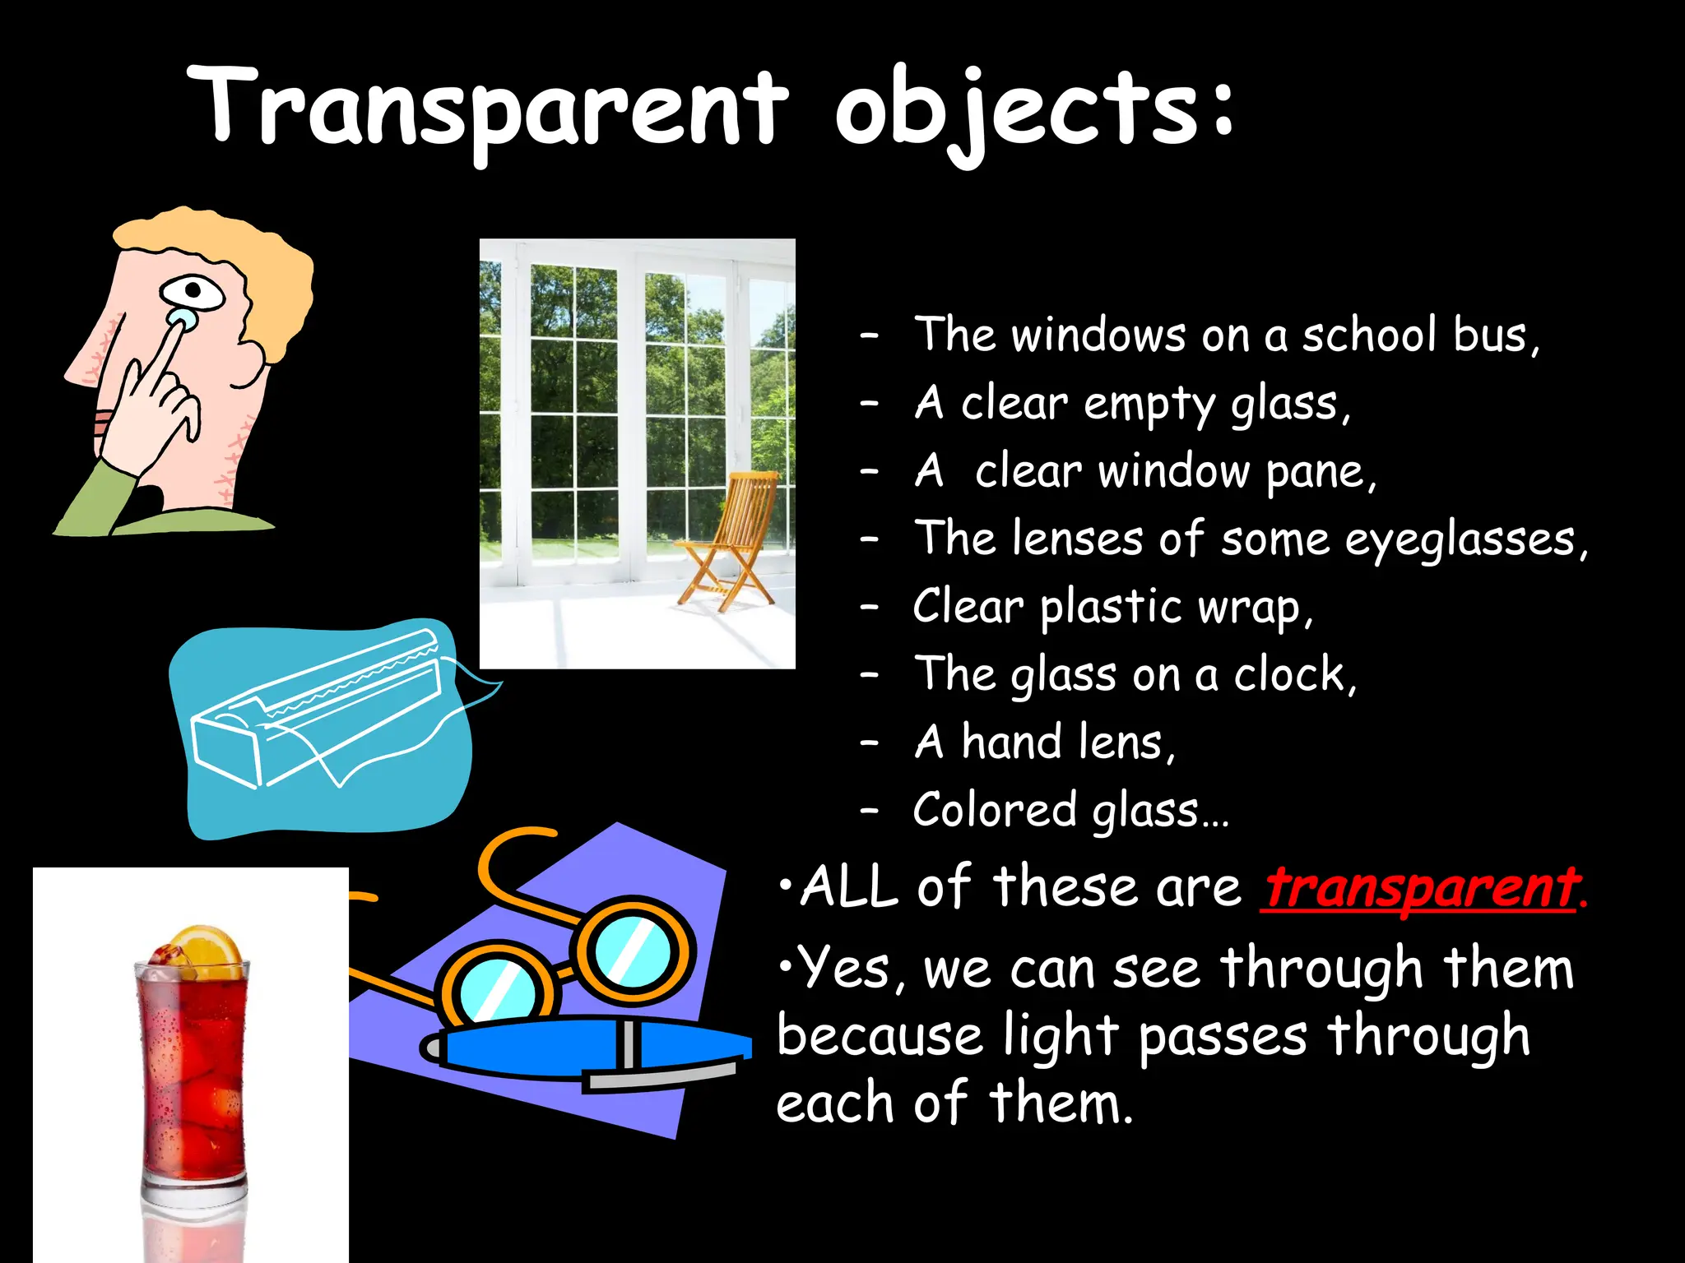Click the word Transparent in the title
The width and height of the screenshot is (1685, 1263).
click(485, 111)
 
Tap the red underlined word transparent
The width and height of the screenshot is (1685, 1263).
click(1421, 888)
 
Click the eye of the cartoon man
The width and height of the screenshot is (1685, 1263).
click(193, 291)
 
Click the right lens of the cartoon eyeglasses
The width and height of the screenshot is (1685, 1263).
click(632, 950)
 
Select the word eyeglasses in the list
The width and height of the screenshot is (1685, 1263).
click(1460, 540)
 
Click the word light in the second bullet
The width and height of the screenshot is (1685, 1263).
click(1061, 1036)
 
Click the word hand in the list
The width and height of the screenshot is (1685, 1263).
click(1011, 743)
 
